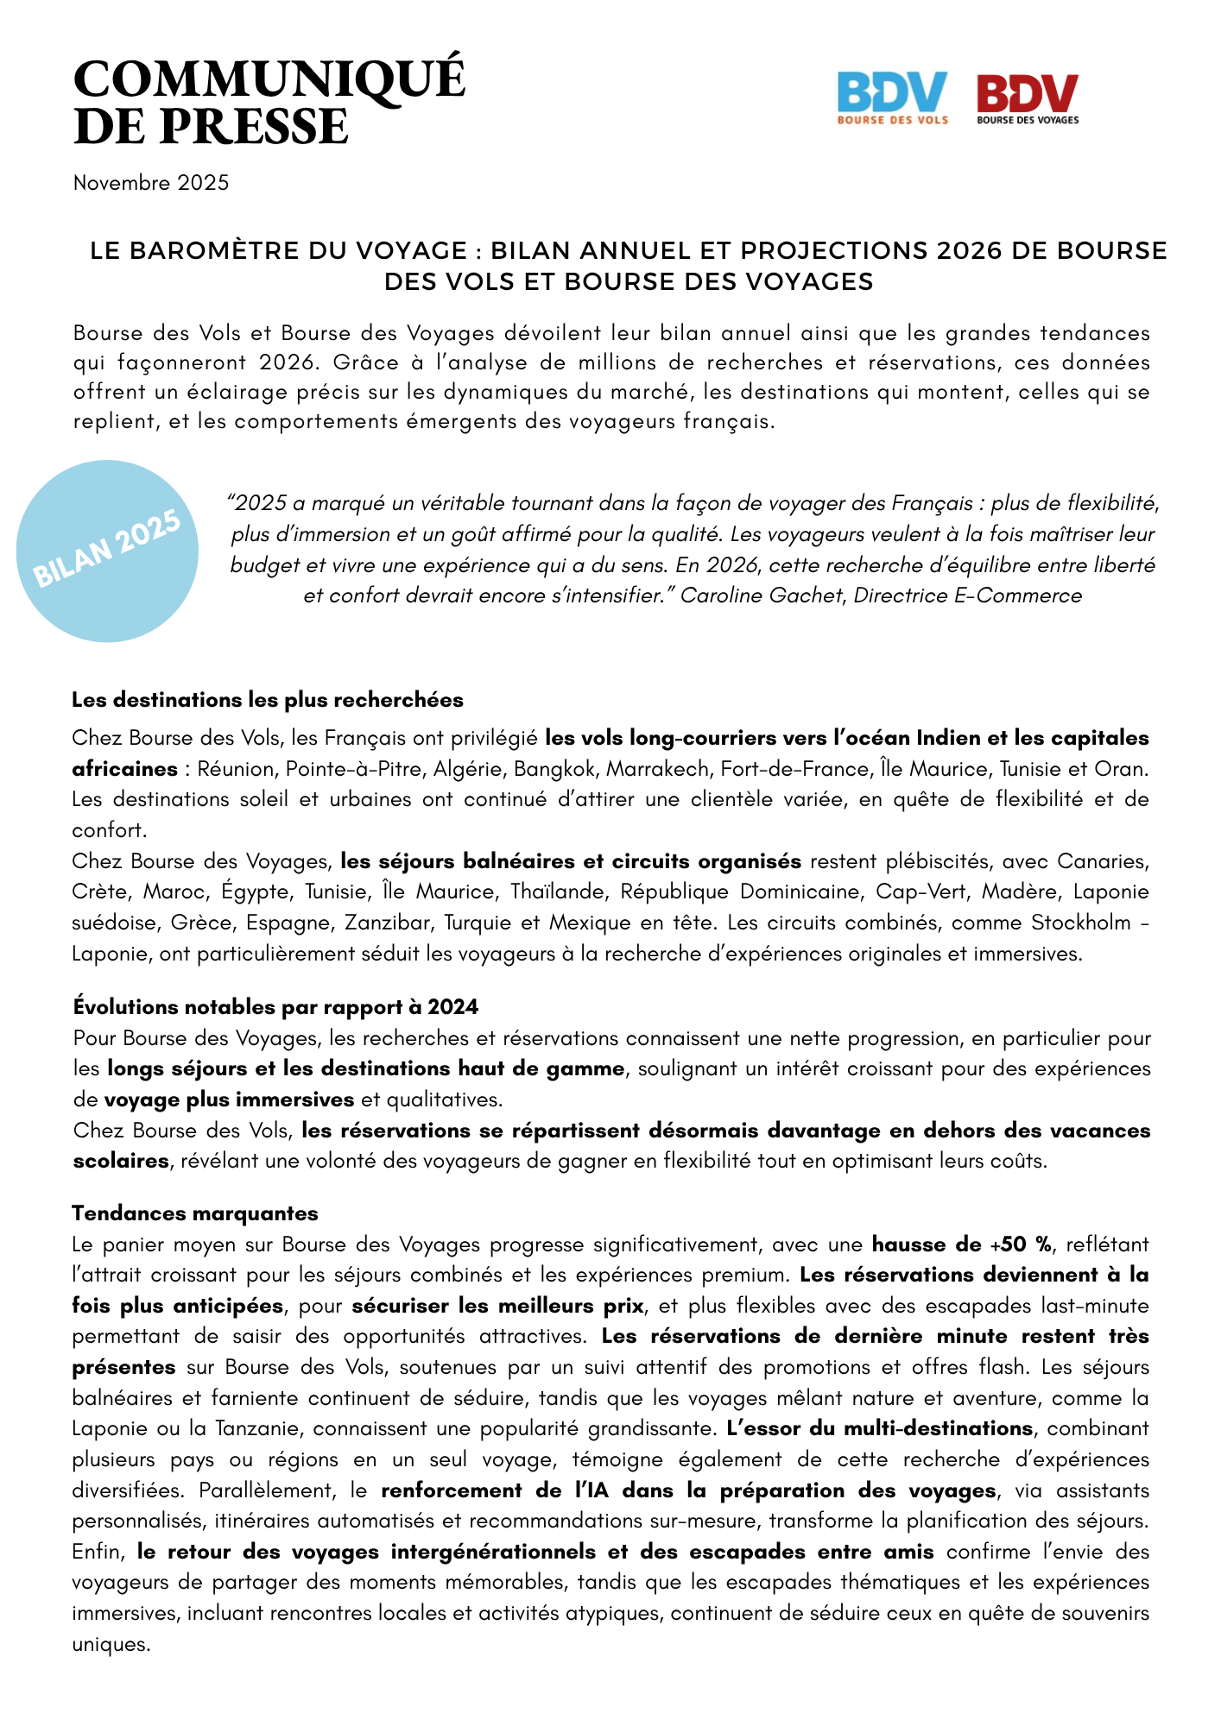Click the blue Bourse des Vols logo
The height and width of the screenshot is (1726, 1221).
click(892, 98)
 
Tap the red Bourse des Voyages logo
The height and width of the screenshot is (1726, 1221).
click(1028, 98)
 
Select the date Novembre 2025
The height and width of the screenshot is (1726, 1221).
click(151, 183)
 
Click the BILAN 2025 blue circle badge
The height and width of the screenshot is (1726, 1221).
click(108, 551)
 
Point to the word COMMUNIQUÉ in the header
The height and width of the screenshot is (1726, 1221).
click(269, 80)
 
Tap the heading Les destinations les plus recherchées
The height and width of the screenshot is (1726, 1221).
click(268, 699)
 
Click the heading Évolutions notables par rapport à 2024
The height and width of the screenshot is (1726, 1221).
click(275, 1007)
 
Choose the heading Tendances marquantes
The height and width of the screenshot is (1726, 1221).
click(195, 1213)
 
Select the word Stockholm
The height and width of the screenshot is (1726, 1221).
click(1080, 923)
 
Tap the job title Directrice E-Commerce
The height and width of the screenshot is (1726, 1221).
click(967, 595)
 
